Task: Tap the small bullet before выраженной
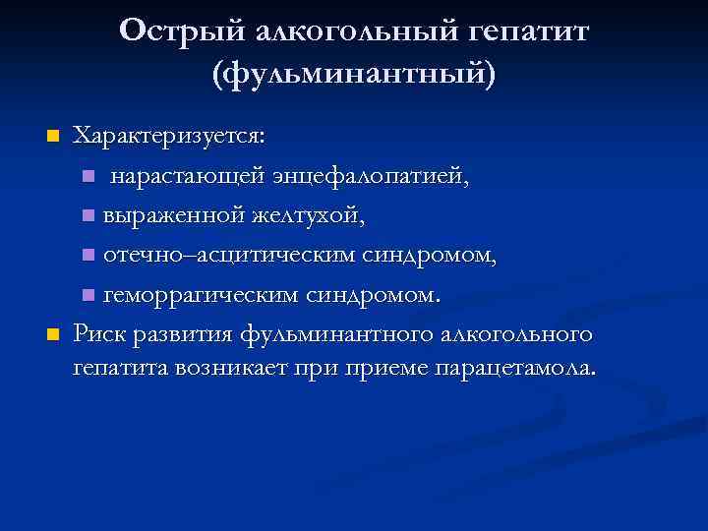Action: (x=88, y=215)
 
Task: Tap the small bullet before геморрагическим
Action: (x=88, y=295)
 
